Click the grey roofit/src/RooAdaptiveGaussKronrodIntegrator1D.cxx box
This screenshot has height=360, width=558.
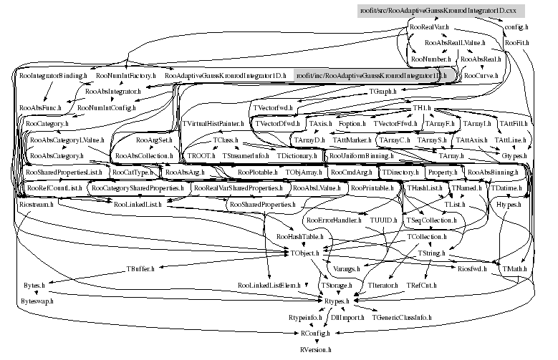tap(441, 11)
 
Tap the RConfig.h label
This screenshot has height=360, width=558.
tap(315, 334)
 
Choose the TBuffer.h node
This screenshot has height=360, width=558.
tap(141, 269)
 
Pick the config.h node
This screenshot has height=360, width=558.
tap(516, 26)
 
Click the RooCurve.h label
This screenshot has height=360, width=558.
tap(481, 74)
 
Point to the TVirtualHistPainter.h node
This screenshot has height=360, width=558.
tap(213, 124)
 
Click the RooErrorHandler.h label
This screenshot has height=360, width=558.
tap(332, 220)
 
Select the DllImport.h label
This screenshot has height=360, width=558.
tap(347, 316)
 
